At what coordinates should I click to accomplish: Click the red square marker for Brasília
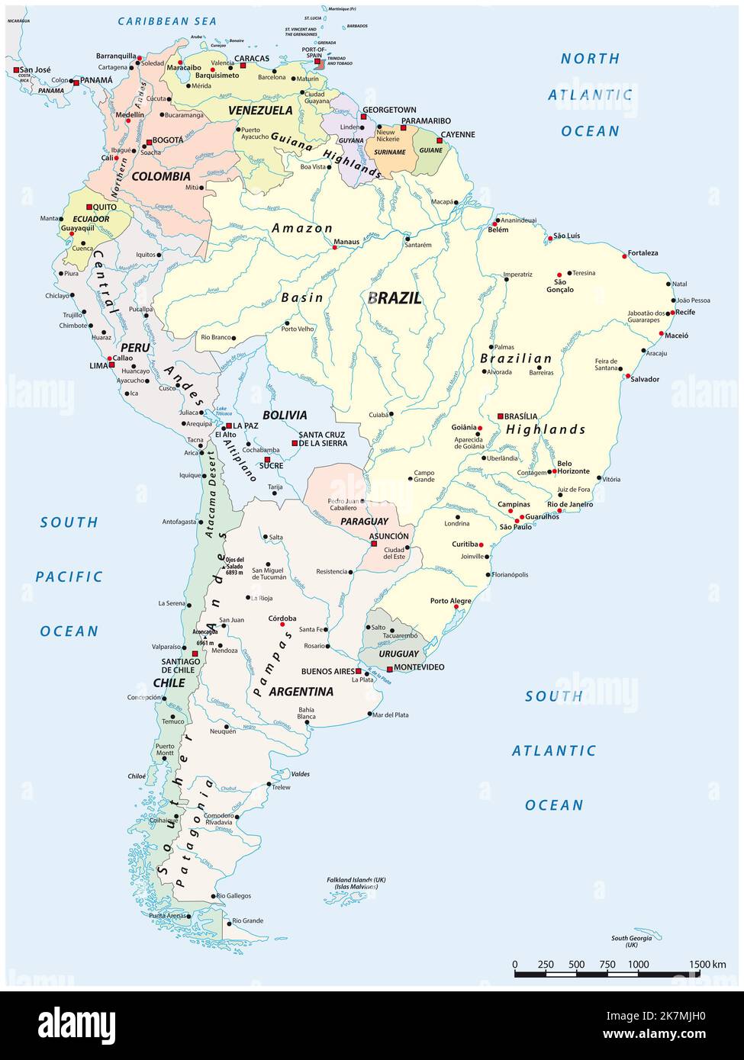pos(501,416)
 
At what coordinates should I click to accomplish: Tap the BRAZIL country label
pos(394,298)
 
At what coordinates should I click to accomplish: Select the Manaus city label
pos(346,242)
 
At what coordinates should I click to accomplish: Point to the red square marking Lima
pos(111,365)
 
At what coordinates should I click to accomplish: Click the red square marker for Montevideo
pos(388,667)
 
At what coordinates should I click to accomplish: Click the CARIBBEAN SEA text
pos(167,21)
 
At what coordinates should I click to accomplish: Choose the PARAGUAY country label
pos(364,522)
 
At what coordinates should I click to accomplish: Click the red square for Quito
pos(89,207)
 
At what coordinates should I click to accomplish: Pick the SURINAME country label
pos(390,152)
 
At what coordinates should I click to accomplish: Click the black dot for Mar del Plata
pos(369,715)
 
